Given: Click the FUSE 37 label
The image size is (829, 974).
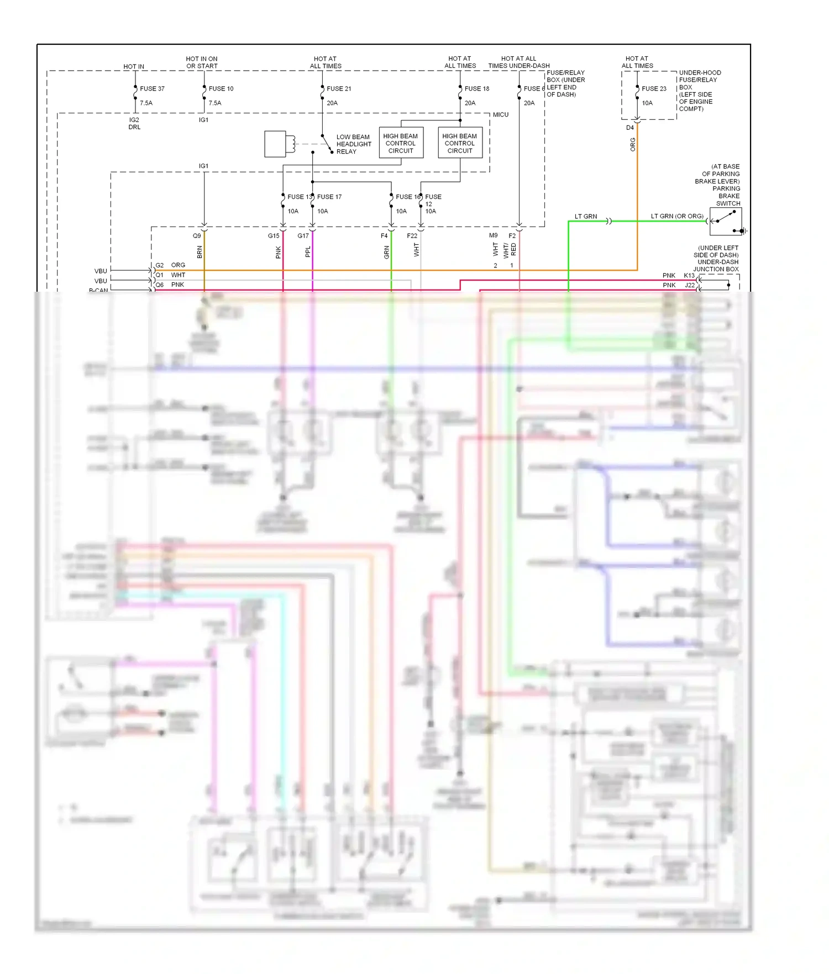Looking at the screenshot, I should pyautogui.click(x=152, y=88).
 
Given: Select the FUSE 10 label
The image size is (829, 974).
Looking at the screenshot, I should pyautogui.click(x=221, y=88).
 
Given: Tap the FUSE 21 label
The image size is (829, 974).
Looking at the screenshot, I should pyautogui.click(x=339, y=88).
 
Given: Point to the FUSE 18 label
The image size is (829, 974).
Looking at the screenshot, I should pyautogui.click(x=477, y=88).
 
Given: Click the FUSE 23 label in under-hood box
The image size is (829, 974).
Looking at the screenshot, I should pyautogui.click(x=654, y=88).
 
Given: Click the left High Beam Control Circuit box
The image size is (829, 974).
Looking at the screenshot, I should pyautogui.click(x=401, y=143).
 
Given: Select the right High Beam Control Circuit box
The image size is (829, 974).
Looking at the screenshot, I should pyautogui.click(x=460, y=143).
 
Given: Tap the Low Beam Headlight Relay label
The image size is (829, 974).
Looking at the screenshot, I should pyautogui.click(x=354, y=144).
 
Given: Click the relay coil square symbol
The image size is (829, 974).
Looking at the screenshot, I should pyautogui.click(x=275, y=144).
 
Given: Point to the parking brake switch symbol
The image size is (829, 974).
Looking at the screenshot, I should pyautogui.click(x=725, y=222).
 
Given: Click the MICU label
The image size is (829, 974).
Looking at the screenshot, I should pyautogui.click(x=501, y=115).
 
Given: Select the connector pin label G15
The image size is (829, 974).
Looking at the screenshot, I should pyautogui.click(x=274, y=236).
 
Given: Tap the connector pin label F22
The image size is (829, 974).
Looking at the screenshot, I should pyautogui.click(x=412, y=236).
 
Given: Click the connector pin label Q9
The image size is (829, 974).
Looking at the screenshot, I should pyautogui.click(x=197, y=236).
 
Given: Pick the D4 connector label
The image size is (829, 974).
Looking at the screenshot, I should pyautogui.click(x=630, y=128).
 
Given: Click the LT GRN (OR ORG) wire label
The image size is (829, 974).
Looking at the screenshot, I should pyautogui.click(x=677, y=216).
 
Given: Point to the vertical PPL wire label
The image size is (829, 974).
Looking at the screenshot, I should pyautogui.click(x=308, y=252).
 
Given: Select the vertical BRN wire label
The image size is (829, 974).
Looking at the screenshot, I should pyautogui.click(x=200, y=252).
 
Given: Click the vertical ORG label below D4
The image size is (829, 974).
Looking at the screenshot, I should pyautogui.click(x=633, y=145).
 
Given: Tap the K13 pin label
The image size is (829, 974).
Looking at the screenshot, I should pyautogui.click(x=689, y=275).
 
